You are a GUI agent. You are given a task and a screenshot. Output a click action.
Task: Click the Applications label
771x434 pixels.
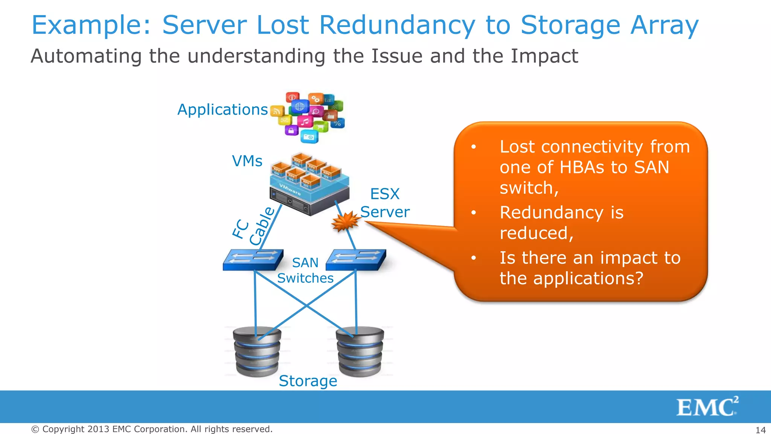coord(222,110)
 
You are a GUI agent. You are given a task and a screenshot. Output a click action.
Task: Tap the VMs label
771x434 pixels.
coord(247,161)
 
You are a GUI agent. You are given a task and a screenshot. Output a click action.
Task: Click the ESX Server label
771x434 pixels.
coord(385,203)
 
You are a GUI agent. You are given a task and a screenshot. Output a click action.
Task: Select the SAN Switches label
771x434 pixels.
coord(305,270)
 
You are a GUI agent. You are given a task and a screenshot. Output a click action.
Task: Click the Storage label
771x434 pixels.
coord(308,381)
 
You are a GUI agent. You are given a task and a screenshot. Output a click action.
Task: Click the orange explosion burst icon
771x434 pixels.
coord(345,221)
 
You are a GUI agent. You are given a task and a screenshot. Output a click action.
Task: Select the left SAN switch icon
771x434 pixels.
coord(253,260)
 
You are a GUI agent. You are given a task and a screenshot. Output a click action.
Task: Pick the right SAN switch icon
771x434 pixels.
coord(356,260)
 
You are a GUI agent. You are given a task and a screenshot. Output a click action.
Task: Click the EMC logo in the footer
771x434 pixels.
coord(707,407)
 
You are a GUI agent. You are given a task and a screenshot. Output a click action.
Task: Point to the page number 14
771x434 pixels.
coord(760,430)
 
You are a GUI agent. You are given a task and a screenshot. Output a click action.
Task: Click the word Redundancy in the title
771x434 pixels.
coord(397,25)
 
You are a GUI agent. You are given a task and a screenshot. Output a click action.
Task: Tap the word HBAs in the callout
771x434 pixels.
coord(582,167)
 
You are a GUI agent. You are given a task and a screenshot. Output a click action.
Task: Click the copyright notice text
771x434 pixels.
coord(152,429)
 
